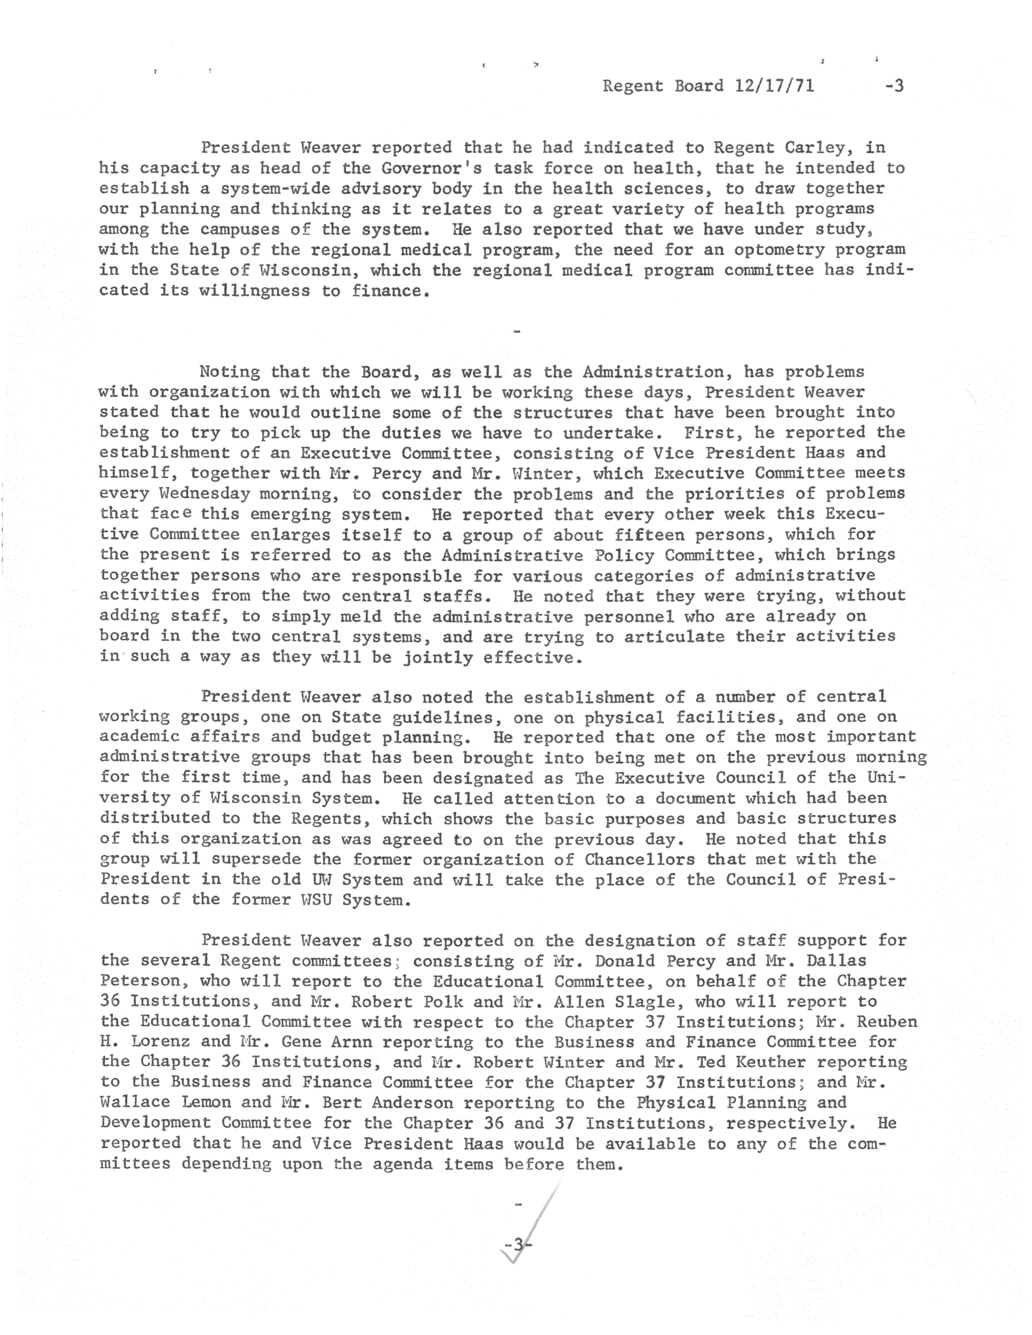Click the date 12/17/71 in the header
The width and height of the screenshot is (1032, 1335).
tap(775, 86)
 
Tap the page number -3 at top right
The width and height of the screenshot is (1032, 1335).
tap(894, 86)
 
